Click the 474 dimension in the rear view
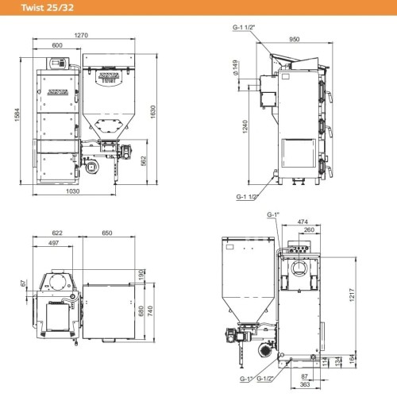(301, 222)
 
